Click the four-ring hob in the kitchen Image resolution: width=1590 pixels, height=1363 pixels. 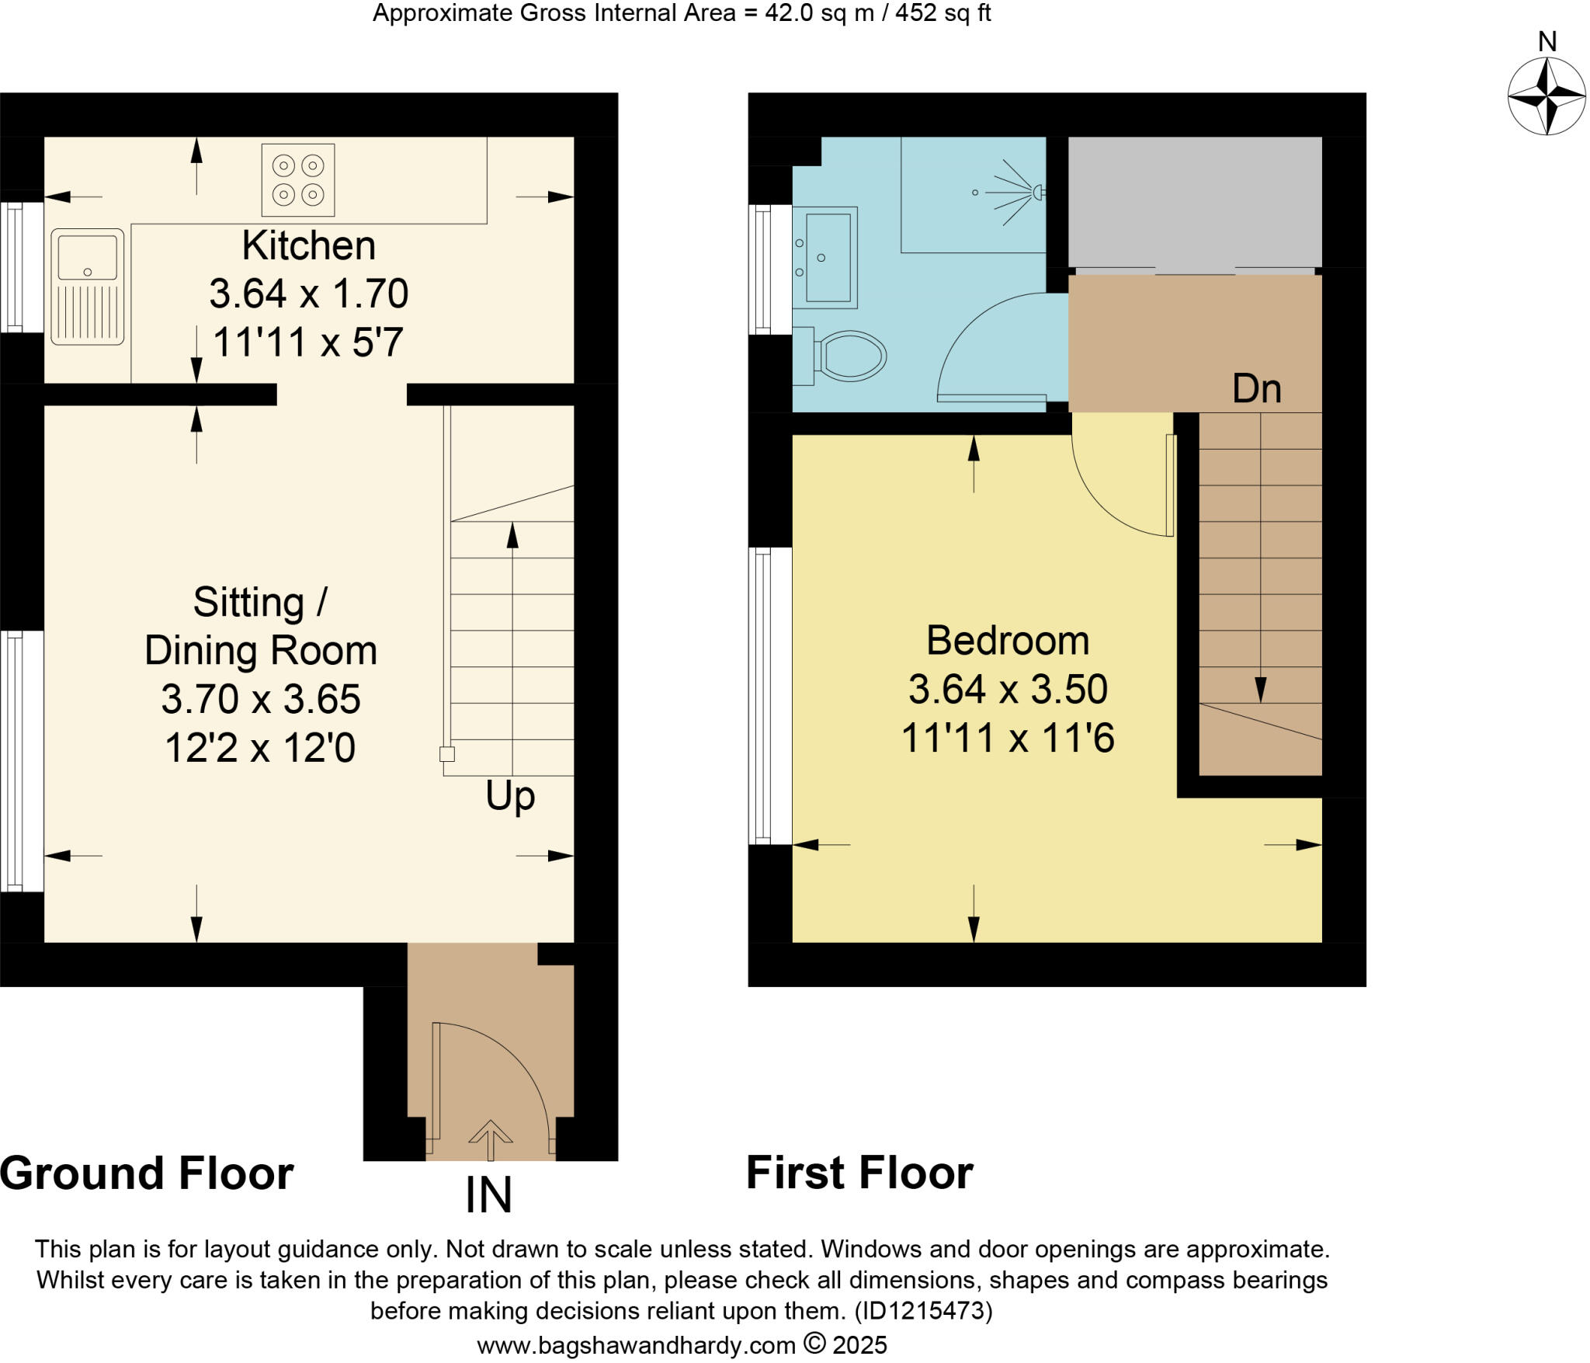click(x=298, y=180)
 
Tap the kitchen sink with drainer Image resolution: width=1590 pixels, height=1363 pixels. click(x=87, y=287)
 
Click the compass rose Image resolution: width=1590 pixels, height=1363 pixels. click(x=1547, y=96)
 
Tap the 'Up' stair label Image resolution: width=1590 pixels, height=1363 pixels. click(x=510, y=796)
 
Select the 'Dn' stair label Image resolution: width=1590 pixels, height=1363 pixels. click(x=1256, y=388)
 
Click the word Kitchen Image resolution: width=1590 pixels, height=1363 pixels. click(x=308, y=246)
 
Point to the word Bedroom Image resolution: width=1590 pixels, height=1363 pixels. click(x=1008, y=642)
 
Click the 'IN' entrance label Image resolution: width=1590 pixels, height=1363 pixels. click(x=488, y=1195)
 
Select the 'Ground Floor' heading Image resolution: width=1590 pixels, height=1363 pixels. click(x=147, y=1173)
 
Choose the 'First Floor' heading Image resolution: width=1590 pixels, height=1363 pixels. click(x=859, y=1173)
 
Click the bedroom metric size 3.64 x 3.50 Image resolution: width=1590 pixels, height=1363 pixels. click(x=1008, y=690)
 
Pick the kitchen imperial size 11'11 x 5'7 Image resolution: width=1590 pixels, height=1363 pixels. click(x=308, y=342)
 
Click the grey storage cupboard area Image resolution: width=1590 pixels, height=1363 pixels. click(x=1194, y=202)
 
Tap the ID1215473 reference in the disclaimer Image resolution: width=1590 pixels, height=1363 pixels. click(x=923, y=1311)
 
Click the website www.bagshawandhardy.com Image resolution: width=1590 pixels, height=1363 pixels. click(x=637, y=1345)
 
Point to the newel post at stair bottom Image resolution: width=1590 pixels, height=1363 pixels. click(x=447, y=753)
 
